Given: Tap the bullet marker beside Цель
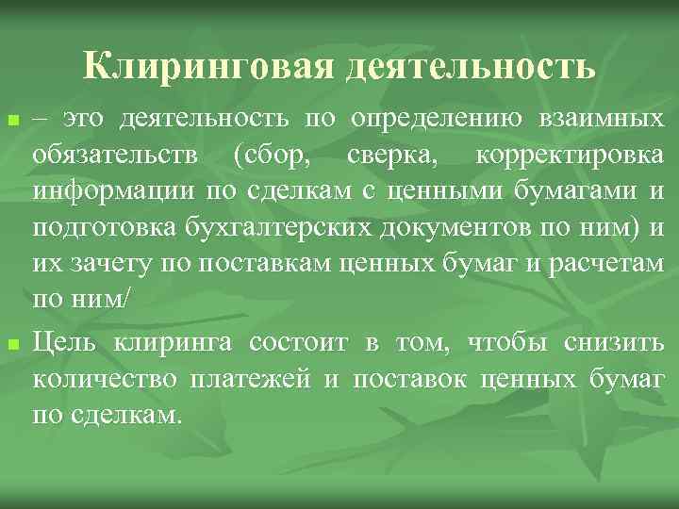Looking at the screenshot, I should click(x=12, y=346).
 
